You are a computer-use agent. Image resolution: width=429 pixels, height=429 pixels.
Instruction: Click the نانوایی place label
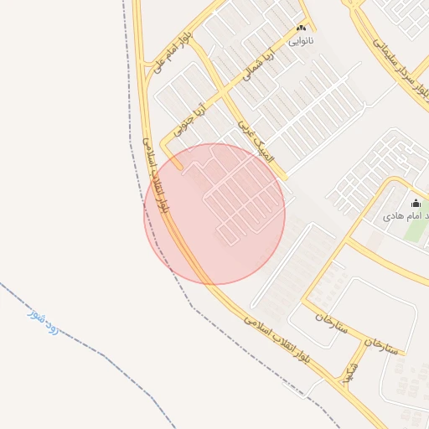(x=301, y=39)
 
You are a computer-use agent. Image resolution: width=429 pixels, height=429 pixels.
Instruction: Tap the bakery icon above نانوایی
(x=302, y=28)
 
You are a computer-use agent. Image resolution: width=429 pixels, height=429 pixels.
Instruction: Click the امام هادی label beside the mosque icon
(x=400, y=215)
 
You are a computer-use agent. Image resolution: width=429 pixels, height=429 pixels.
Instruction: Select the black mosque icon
(x=416, y=203)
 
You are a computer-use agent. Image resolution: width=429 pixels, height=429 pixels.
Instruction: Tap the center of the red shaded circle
(x=214, y=214)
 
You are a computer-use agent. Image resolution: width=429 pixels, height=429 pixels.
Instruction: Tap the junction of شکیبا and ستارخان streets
(x=366, y=342)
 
